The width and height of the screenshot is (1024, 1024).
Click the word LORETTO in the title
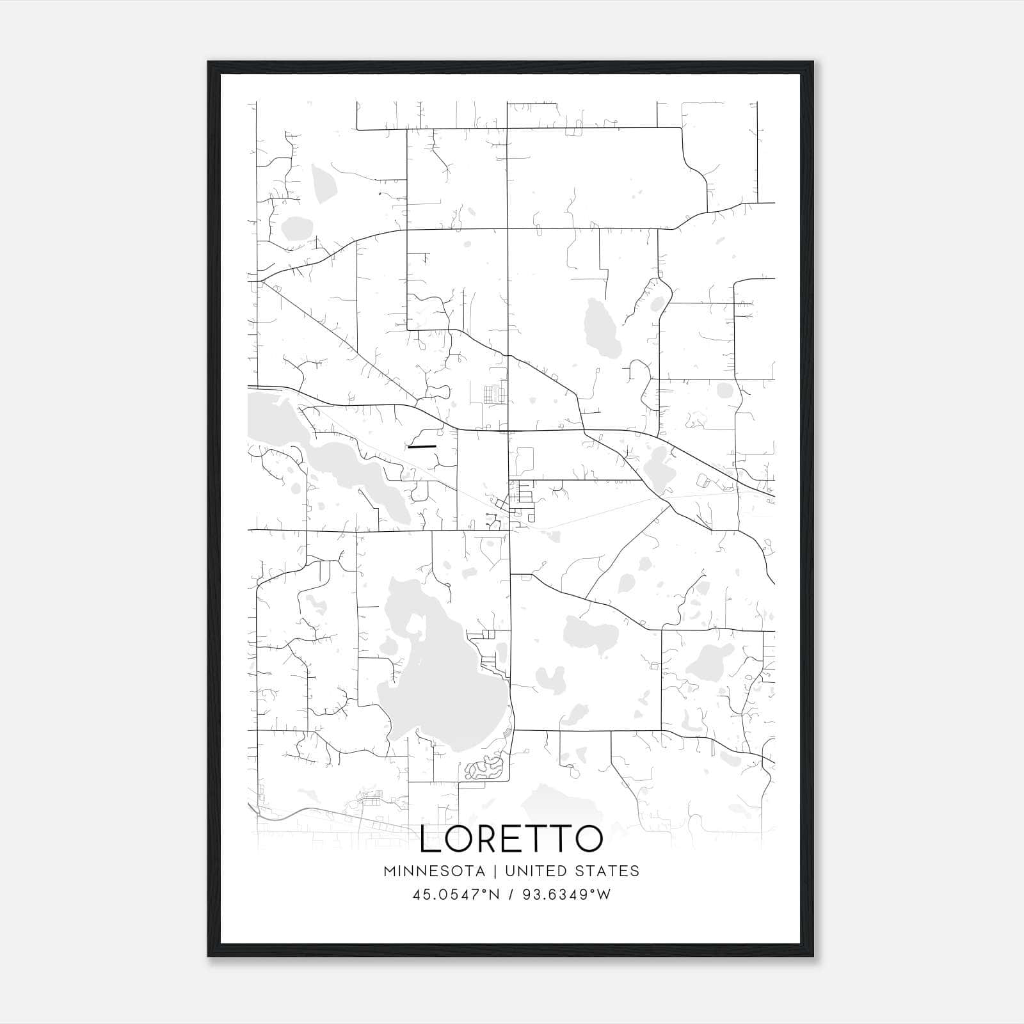[x=511, y=839]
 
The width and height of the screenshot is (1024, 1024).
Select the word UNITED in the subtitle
[x=534, y=871]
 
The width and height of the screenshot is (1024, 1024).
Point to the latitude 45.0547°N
[x=454, y=895]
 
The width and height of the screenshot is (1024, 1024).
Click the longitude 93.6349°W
[x=566, y=895]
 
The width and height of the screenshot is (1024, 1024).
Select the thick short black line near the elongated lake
[x=422, y=446]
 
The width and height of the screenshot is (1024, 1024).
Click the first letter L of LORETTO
[x=430, y=839]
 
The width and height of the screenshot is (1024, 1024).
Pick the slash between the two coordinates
[x=510, y=895]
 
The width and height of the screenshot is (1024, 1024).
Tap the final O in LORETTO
[x=587, y=839]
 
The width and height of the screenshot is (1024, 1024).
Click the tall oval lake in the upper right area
[x=602, y=328]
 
